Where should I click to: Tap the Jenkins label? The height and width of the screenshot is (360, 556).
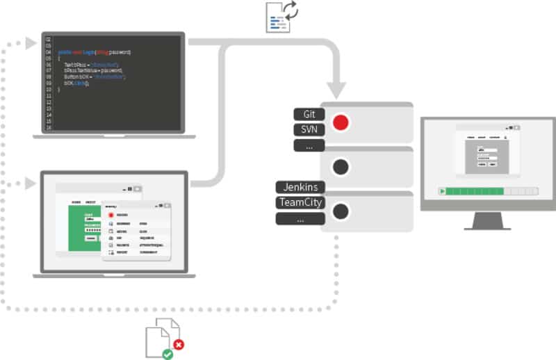[300, 187]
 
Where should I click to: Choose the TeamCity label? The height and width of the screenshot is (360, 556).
[300, 203]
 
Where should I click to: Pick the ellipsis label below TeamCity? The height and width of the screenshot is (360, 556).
[300, 219]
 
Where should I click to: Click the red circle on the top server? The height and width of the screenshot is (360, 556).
[341, 122]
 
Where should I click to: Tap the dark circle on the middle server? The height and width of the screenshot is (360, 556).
[341, 167]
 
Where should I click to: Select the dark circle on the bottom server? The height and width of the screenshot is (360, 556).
[341, 211]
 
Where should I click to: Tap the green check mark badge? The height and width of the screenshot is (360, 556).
[167, 354]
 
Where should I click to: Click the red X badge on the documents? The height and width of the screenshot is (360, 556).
[179, 343]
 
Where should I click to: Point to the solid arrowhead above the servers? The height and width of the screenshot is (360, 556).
[337, 90]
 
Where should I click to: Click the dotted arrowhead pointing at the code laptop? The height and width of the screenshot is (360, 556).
[30, 44]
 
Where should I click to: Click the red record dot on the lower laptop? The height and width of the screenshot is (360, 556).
[111, 215]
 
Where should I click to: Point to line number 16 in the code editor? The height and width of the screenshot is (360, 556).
[48, 128]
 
